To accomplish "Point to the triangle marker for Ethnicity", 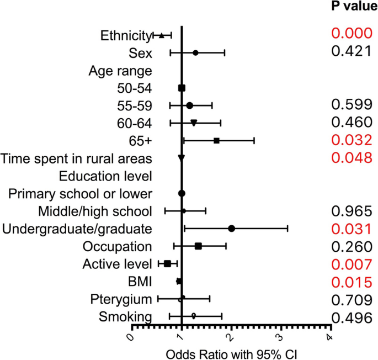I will pos(161,35).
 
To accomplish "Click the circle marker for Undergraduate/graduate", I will pos(232,228).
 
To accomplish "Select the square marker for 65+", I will pos(216,141).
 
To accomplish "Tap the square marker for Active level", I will pos(167,263).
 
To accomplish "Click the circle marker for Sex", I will pos(195,53).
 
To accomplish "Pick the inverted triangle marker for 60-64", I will pos(194,123).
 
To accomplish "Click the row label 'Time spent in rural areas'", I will pos(76,159).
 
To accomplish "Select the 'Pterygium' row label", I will pos(121,299).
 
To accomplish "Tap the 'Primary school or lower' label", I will pos(80,194).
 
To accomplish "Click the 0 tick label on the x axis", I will pos(130,337).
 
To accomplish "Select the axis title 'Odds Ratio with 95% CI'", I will pos(231,352).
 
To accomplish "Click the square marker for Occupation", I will pos(198,246).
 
